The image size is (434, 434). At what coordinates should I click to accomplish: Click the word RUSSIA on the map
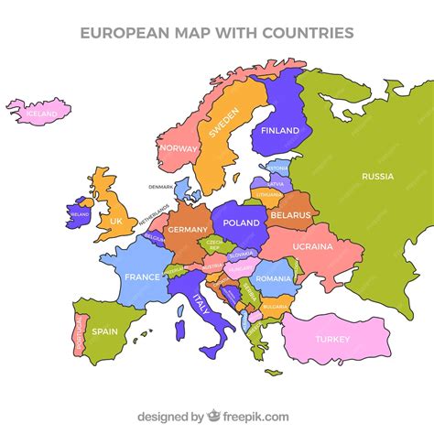coord(377,176)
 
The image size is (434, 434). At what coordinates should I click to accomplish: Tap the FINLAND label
coord(280,131)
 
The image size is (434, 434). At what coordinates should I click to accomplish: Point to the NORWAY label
coord(179,148)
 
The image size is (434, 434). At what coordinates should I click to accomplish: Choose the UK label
coord(115,221)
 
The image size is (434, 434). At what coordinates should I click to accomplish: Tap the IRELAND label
coord(79,217)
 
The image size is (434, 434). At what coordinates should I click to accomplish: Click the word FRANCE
coord(142,277)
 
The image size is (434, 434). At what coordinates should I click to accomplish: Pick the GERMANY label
coord(187,230)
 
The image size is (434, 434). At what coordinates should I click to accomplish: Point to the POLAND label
coord(242,222)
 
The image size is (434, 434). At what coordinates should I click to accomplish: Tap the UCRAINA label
coord(312,246)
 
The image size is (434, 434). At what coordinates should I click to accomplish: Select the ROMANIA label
coord(273,277)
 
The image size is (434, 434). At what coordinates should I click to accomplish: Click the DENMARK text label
coord(160,187)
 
